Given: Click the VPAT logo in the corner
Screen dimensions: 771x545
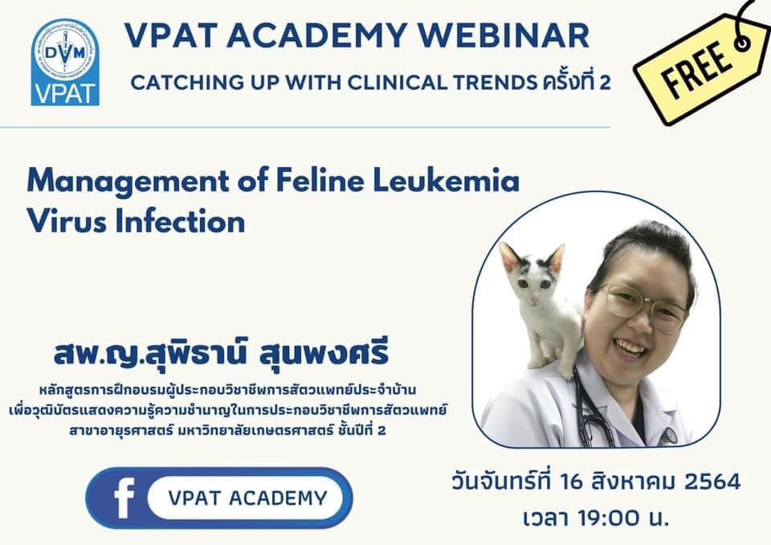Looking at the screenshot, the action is coord(65,62).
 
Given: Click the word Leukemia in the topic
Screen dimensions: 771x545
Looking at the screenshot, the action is coord(446,181).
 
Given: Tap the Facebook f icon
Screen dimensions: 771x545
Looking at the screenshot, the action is coord(123,498).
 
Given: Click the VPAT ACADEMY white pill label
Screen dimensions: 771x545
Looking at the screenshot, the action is coord(246,498).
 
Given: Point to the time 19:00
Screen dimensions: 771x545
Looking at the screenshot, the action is coord(609,518).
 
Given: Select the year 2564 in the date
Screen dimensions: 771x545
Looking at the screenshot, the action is coord(712,481).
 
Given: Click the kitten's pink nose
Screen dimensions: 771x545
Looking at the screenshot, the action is coord(533,298).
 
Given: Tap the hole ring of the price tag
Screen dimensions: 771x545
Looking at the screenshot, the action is coord(742,44).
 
